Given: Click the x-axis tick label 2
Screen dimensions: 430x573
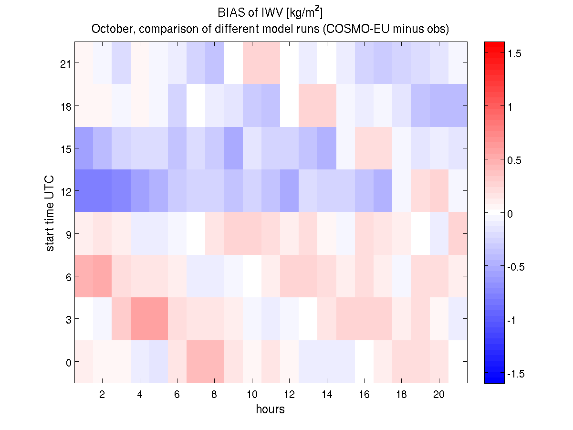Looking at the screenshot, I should click(x=102, y=394).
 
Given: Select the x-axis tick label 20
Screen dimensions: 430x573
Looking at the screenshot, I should click(x=439, y=394).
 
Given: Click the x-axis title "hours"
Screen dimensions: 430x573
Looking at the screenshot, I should click(x=270, y=409).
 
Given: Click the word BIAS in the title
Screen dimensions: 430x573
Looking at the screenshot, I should click(x=226, y=11).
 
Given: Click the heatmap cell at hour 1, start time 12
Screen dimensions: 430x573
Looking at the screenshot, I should click(x=83, y=191).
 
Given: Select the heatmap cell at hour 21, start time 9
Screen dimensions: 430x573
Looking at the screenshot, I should click(x=458, y=234).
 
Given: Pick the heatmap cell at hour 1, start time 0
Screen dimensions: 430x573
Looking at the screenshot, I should click(x=83, y=362).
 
